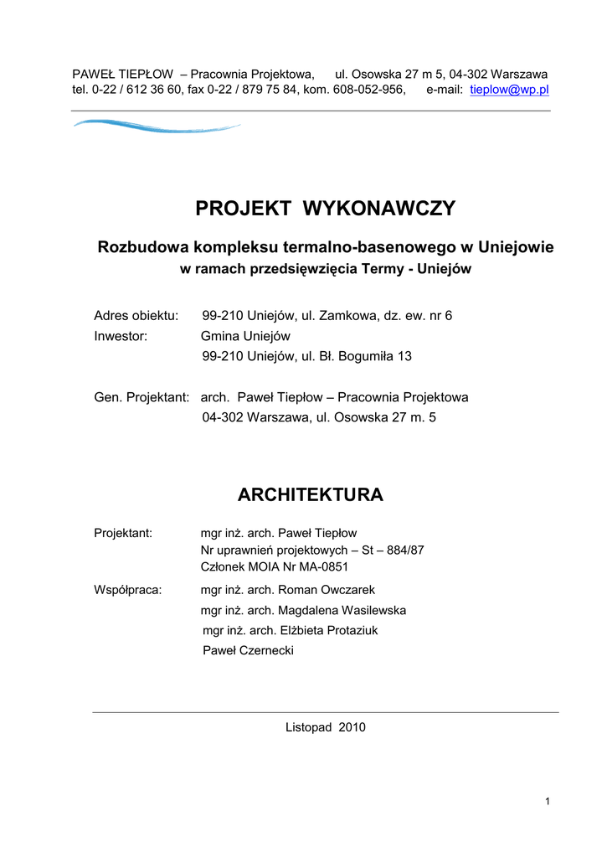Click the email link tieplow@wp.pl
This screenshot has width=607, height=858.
(x=509, y=90)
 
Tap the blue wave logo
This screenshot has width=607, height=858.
(x=157, y=127)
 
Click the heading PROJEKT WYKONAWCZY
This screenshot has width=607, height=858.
(x=326, y=209)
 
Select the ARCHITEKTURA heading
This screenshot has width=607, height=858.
(x=311, y=495)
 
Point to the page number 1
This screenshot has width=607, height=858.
(x=547, y=803)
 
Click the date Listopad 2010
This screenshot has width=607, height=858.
(x=326, y=727)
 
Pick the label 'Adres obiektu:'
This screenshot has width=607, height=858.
(x=136, y=316)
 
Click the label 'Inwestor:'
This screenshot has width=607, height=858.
(x=121, y=336)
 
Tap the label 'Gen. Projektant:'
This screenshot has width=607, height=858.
(x=141, y=397)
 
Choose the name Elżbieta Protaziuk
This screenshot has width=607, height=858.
(x=333, y=631)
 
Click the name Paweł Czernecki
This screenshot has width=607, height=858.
(x=249, y=651)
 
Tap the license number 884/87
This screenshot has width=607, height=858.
(x=405, y=550)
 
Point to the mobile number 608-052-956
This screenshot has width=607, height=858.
(x=369, y=90)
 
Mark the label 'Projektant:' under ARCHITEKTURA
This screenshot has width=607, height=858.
(x=123, y=533)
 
